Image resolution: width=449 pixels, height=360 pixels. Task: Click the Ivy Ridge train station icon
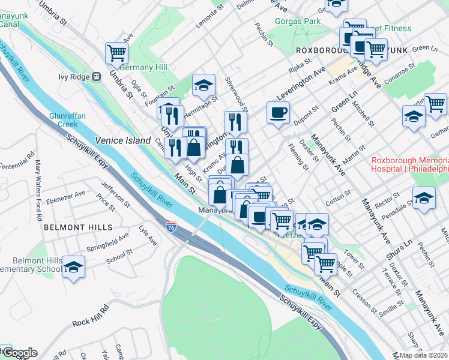[95, 77]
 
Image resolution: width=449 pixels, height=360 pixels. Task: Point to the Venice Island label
[122, 140]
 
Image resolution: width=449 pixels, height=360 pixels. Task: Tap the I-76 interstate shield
[172, 227]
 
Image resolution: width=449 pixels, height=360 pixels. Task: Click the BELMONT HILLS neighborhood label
[77, 227]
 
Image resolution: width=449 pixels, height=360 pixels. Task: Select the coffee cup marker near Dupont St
[278, 114]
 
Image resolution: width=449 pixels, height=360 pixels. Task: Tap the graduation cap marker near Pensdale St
[424, 199]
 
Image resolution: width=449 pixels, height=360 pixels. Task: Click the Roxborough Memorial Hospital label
[410, 164]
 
